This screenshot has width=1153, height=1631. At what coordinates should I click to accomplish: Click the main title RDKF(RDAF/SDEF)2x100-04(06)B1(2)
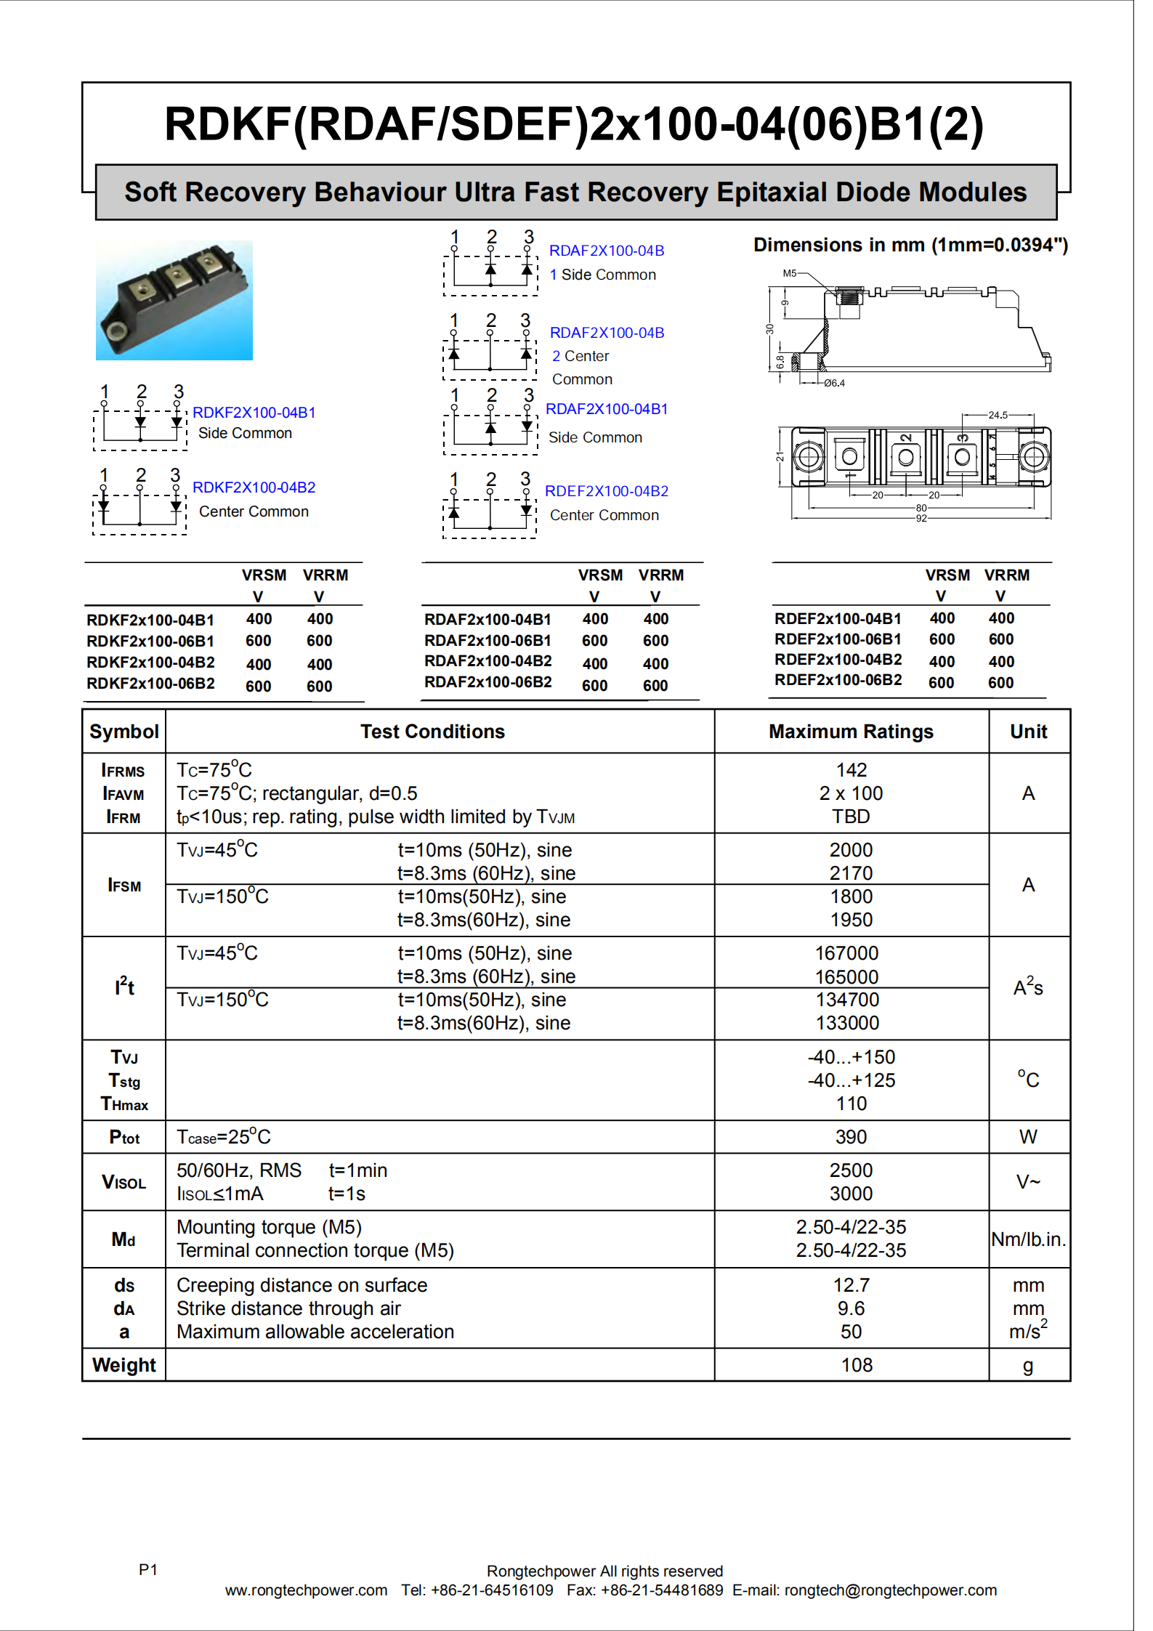click(x=574, y=124)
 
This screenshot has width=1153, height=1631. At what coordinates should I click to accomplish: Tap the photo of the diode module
click(x=174, y=300)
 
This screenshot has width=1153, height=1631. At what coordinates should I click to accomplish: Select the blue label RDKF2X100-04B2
click(x=254, y=487)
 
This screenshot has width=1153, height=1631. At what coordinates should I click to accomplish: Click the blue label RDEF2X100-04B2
click(x=606, y=491)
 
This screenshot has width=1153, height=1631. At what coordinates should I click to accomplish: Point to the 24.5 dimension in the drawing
click(x=998, y=416)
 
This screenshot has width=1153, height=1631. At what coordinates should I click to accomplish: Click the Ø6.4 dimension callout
click(x=834, y=383)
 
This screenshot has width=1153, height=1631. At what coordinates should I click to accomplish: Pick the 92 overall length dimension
click(x=921, y=518)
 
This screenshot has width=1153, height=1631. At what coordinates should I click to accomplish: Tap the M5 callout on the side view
click(x=790, y=273)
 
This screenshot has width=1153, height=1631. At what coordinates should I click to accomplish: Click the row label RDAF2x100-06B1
click(x=488, y=641)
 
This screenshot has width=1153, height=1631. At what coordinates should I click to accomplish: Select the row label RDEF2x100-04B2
click(x=838, y=660)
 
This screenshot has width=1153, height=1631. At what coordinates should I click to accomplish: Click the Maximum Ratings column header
click(x=851, y=732)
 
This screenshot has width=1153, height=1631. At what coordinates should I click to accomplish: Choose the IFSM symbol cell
click(x=124, y=886)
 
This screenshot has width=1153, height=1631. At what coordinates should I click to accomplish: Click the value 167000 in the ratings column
click(x=846, y=953)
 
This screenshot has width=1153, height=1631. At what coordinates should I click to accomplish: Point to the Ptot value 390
click(x=851, y=1137)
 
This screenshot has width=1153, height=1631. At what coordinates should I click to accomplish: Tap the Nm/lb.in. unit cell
click(x=1028, y=1239)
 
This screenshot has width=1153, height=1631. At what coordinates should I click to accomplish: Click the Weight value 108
click(x=857, y=1365)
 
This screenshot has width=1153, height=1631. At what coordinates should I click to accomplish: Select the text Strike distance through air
click(x=288, y=1308)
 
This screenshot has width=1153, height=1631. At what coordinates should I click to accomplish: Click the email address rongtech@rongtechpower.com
click(x=890, y=1590)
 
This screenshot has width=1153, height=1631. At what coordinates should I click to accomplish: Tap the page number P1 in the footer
click(x=148, y=1570)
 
